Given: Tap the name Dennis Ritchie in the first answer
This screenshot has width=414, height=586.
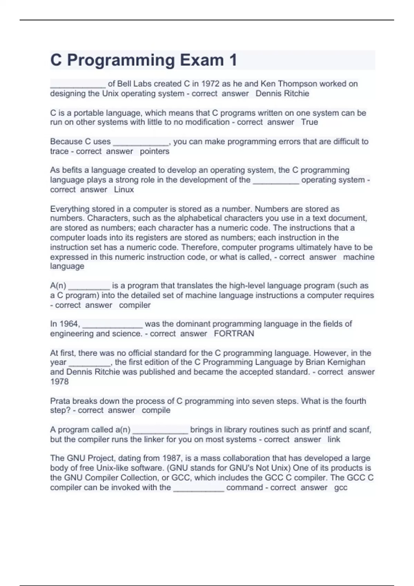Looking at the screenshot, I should (x=282, y=93).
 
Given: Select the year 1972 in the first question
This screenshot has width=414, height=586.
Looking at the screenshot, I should (x=210, y=84).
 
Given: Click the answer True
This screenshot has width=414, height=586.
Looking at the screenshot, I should (x=309, y=122).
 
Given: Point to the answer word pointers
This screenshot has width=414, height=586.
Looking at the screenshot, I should (x=155, y=151).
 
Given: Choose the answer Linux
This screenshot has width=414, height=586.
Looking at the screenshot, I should (x=124, y=190).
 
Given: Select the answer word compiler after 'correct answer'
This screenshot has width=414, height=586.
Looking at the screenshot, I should (x=135, y=305).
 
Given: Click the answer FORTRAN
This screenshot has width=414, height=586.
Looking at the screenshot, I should (x=234, y=334).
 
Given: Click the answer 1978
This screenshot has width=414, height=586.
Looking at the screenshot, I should (x=59, y=382).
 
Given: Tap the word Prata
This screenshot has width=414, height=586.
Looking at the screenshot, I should (x=60, y=401).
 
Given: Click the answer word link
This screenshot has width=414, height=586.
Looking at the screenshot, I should (x=334, y=439).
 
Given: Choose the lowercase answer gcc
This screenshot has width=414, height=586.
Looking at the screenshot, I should (x=341, y=488).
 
